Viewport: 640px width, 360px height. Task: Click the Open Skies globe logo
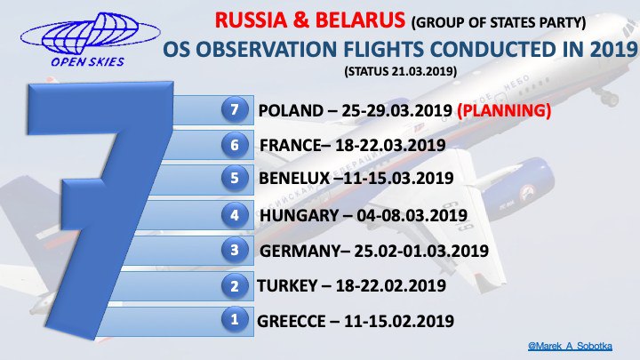[x=90, y=40]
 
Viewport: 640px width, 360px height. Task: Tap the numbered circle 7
[x=235, y=109]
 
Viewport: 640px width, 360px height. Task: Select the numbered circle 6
[x=235, y=145]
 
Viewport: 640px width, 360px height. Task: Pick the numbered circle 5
[x=235, y=179]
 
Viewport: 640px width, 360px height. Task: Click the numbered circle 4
[x=235, y=215]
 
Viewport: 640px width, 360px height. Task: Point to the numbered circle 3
[x=235, y=250]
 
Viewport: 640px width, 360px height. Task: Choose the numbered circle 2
[x=235, y=285]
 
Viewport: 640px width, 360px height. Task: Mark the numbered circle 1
[x=235, y=319]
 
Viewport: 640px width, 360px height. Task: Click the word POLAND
[x=291, y=110]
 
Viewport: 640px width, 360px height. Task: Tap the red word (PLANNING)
[x=504, y=110]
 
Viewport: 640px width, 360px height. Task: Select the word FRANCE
[x=291, y=145]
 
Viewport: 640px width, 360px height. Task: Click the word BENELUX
[x=294, y=179]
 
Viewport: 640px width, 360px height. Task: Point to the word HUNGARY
[x=300, y=215]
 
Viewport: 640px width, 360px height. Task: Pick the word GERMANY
[x=300, y=251]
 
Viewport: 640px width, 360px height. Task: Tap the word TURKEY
[x=287, y=285]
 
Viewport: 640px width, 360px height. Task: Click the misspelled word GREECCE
[x=291, y=321]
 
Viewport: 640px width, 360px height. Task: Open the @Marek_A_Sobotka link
[x=570, y=346]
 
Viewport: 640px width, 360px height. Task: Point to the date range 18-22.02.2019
[x=391, y=285]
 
